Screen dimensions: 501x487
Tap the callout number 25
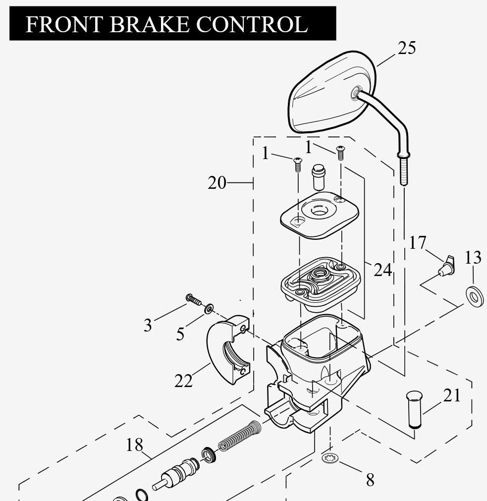pos(406,48)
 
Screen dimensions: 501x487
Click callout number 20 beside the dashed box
pos(217,183)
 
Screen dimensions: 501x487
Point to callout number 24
pos(382,270)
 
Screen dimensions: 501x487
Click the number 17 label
pos(418,243)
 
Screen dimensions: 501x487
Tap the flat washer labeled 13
pos(475,296)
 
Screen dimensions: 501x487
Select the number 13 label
pos(473,258)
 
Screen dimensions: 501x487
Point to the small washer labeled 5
pos(209,309)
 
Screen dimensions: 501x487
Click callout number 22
pos(183,381)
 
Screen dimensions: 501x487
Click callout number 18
pos(134,445)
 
